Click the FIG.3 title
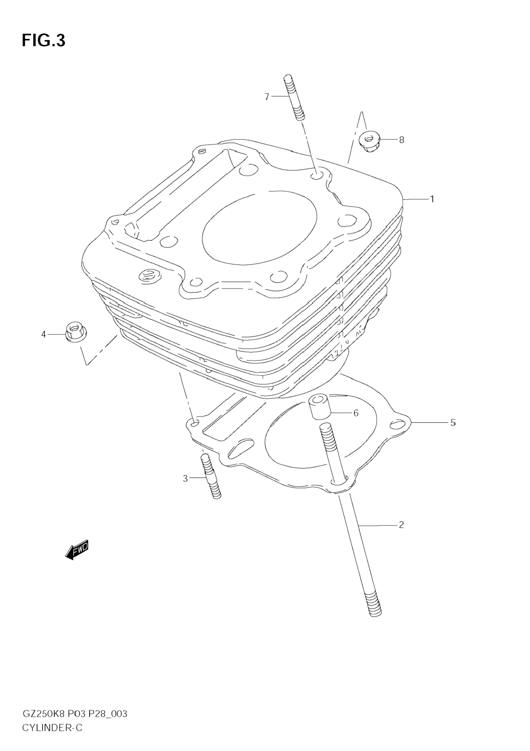tap(43, 41)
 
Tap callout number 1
tap(432, 199)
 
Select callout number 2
tap(401, 525)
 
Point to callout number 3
tap(185, 478)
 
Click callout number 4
tap(43, 334)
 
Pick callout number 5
tap(453, 423)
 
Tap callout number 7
tap(267, 97)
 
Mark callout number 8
tap(401, 140)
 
